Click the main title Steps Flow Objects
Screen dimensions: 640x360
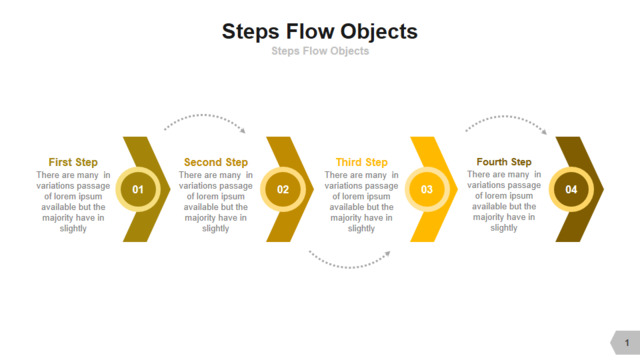[320, 32]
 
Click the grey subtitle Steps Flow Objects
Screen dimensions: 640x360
[320, 51]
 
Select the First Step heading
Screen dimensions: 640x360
[73, 162]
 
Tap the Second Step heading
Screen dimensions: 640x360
[216, 162]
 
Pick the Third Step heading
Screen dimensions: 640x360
[362, 162]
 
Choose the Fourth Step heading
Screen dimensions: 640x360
[504, 162]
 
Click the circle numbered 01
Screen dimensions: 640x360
[138, 189]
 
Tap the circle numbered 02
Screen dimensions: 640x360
[283, 189]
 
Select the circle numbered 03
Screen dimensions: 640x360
[427, 189]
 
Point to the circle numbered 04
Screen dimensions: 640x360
[571, 189]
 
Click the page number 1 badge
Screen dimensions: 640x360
[626, 342]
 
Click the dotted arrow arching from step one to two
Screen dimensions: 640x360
[204, 116]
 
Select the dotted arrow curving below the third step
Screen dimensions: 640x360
[349, 267]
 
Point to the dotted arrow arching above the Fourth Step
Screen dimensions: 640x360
[506, 117]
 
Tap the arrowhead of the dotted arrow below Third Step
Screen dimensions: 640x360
[388, 254]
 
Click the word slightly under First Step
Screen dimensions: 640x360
[73, 229]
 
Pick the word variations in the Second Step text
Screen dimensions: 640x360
[198, 186]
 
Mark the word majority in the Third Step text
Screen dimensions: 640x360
[344, 218]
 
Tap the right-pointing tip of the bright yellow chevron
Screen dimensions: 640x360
[458, 189]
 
